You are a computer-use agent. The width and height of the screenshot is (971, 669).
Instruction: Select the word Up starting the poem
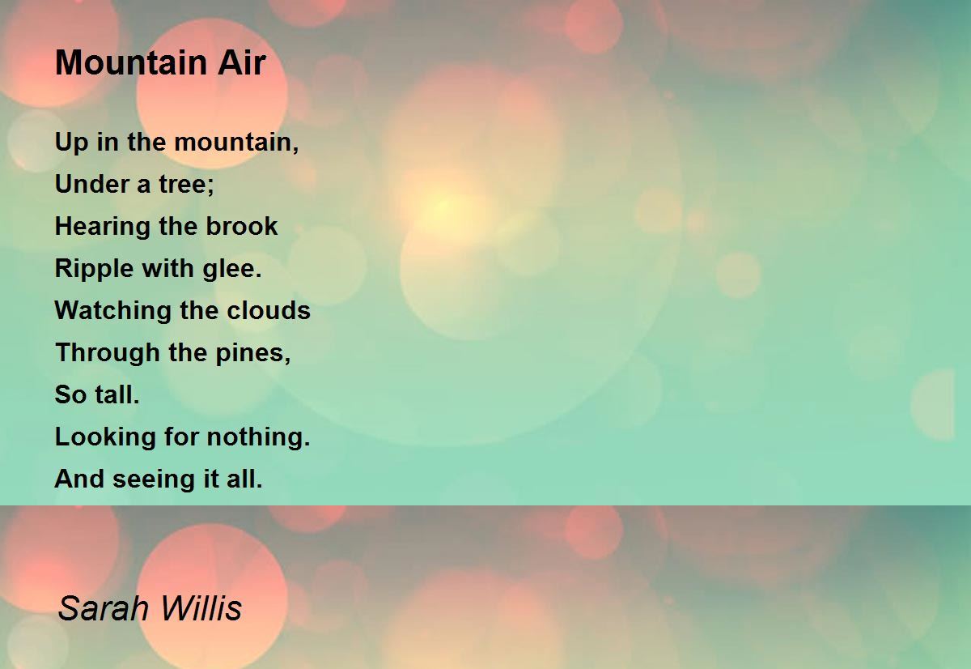[x=67, y=143]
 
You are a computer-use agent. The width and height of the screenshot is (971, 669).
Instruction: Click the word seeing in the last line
[x=151, y=479]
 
